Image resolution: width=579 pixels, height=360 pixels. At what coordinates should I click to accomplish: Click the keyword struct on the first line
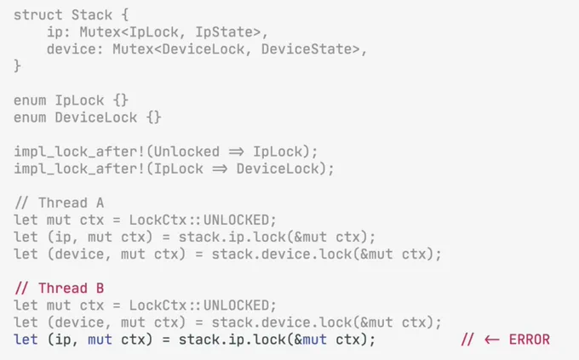[x=38, y=15]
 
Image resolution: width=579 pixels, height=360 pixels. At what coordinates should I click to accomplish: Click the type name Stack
[x=92, y=15]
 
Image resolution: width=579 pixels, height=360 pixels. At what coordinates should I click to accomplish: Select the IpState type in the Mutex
[x=228, y=32]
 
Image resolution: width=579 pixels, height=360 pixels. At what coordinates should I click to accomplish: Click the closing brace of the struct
[x=17, y=66]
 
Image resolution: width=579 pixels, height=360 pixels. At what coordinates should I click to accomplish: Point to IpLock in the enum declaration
[x=79, y=100]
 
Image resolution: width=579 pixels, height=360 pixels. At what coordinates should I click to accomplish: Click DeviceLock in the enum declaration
[x=96, y=117]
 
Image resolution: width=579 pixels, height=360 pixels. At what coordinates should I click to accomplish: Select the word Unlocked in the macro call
[x=186, y=151]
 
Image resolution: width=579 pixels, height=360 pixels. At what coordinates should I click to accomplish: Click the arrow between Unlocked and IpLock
[x=237, y=151]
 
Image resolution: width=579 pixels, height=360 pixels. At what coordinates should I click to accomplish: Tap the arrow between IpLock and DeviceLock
[x=220, y=169]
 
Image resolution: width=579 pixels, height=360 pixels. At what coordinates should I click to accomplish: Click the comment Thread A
[x=59, y=203]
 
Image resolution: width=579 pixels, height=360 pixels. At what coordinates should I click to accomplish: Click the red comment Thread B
[x=59, y=289]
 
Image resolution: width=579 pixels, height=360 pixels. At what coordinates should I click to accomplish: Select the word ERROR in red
[x=529, y=340]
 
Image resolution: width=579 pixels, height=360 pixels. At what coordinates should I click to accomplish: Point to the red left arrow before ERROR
[x=492, y=340]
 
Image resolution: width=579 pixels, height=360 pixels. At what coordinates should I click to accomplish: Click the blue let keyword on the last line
[x=26, y=340]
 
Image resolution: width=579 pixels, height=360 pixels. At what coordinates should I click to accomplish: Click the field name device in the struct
[x=71, y=49]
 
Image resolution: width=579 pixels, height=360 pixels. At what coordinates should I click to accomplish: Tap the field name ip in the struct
[x=54, y=32]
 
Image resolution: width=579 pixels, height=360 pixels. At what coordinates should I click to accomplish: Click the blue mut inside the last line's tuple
[x=100, y=340]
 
